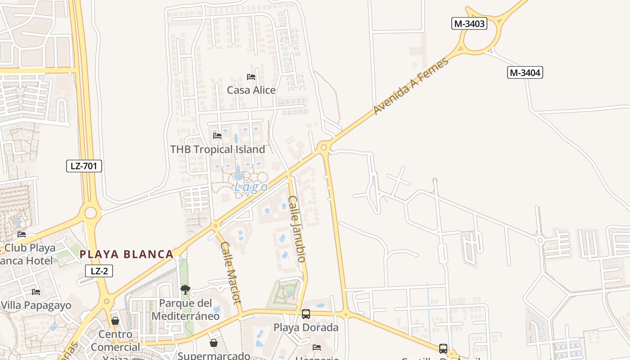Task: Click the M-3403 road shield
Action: click(x=469, y=24)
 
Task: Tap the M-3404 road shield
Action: click(x=525, y=72)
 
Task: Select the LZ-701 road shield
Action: click(x=84, y=166)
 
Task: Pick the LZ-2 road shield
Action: click(x=99, y=270)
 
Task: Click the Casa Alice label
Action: click(x=251, y=90)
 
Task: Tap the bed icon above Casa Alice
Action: click(x=251, y=77)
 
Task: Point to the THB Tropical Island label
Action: click(x=218, y=149)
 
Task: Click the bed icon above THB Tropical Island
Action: click(x=217, y=136)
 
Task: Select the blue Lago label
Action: click(x=251, y=187)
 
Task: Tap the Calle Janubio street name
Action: click(x=297, y=229)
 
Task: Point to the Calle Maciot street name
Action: click(x=231, y=273)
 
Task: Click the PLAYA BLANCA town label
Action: click(x=126, y=254)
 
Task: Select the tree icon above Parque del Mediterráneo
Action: click(x=185, y=289)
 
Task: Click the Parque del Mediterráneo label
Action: click(x=185, y=310)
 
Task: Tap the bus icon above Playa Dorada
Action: click(x=306, y=314)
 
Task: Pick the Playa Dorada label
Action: click(x=306, y=328)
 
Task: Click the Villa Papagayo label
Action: click(x=36, y=306)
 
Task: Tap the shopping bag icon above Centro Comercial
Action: click(x=115, y=321)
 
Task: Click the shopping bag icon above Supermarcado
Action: click(x=214, y=343)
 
